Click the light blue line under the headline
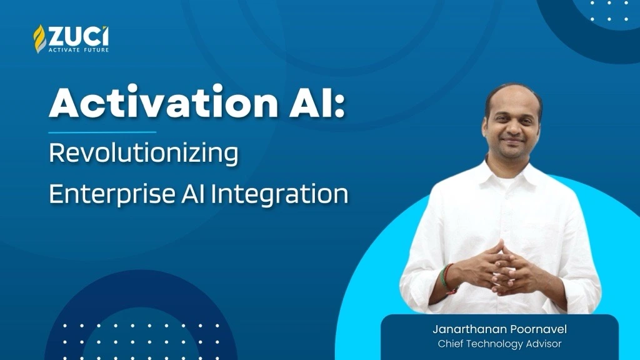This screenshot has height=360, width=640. click(102, 132)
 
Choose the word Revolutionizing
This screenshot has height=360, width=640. click(143, 154)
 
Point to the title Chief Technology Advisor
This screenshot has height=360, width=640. click(499, 344)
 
